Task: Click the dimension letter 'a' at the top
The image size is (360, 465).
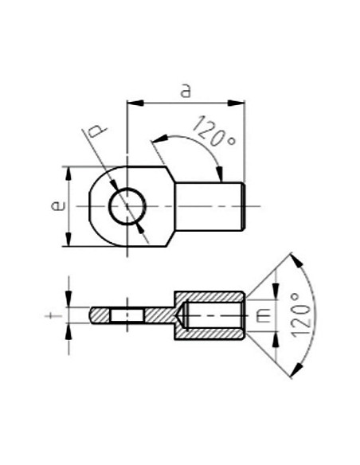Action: click(x=186, y=90)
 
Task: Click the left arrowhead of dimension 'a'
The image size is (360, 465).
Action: click(x=132, y=101)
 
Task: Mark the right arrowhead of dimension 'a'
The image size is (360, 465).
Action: click(x=238, y=101)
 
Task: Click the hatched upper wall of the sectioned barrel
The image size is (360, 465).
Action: click(x=209, y=295)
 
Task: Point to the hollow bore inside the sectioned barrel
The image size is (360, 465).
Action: click(x=213, y=315)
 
